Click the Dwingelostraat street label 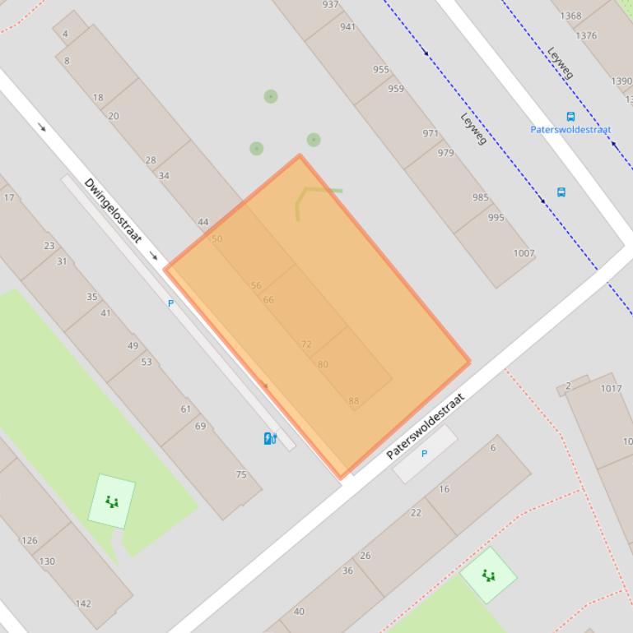(113, 210)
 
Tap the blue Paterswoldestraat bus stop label (570, 130)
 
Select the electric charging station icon (269, 438)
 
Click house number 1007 (524, 253)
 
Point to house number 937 (330, 5)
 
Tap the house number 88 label (354, 402)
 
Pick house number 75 (241, 474)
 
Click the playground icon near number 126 (111, 501)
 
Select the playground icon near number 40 (489, 575)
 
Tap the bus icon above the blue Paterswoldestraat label (570, 117)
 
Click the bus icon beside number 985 (561, 192)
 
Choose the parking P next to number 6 (425, 454)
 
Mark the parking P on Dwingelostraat (171, 303)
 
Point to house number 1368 (570, 16)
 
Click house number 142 (83, 603)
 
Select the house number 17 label (9, 198)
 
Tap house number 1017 (611, 389)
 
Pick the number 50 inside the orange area (217, 239)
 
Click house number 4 (65, 35)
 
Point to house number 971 (431, 133)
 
